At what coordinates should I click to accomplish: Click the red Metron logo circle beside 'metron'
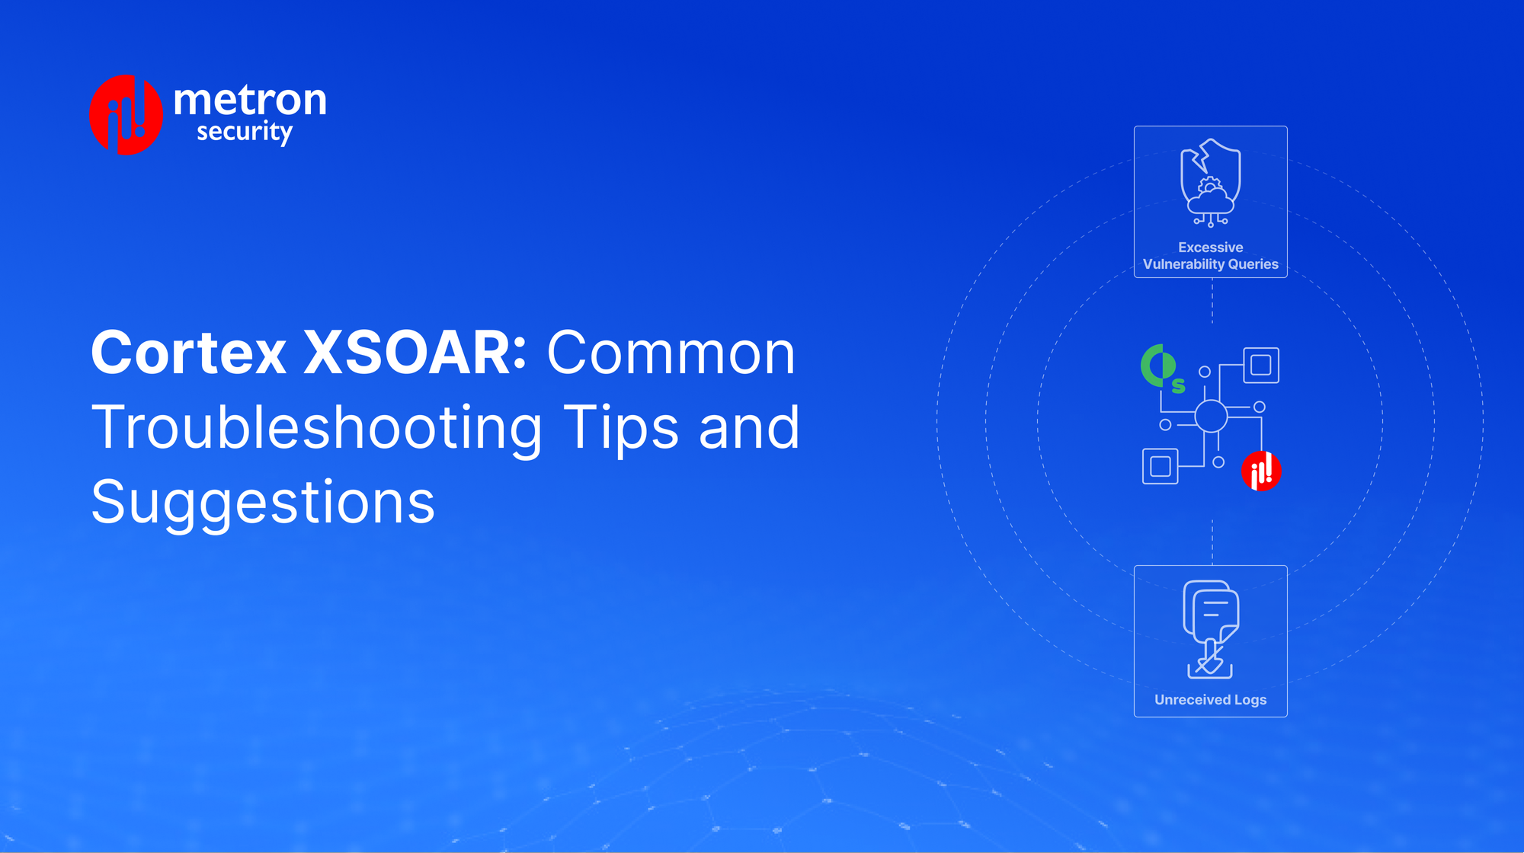[x=126, y=115]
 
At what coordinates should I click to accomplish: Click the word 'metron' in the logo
[x=250, y=101]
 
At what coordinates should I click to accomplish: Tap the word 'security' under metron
[x=245, y=132]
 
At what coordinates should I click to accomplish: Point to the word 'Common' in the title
[x=671, y=353]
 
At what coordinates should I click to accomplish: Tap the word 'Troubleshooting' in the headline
[x=316, y=428]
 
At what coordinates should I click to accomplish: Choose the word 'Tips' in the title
[x=620, y=428]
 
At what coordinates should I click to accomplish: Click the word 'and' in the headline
[x=749, y=428]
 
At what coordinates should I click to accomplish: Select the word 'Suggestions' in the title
[x=263, y=503]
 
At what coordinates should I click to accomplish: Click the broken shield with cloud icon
[x=1210, y=183]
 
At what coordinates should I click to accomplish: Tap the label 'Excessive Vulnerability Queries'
[x=1210, y=256]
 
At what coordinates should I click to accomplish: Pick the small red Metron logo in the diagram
[x=1261, y=471]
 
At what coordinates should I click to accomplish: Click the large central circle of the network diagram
[x=1211, y=416]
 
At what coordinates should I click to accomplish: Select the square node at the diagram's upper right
[x=1261, y=366]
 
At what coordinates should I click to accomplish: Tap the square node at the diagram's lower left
[x=1161, y=466]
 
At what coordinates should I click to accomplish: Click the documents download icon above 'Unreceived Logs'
[x=1210, y=629]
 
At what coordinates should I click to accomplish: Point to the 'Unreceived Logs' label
[x=1210, y=699]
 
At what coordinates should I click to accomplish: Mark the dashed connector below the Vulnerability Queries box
[x=1212, y=301]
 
